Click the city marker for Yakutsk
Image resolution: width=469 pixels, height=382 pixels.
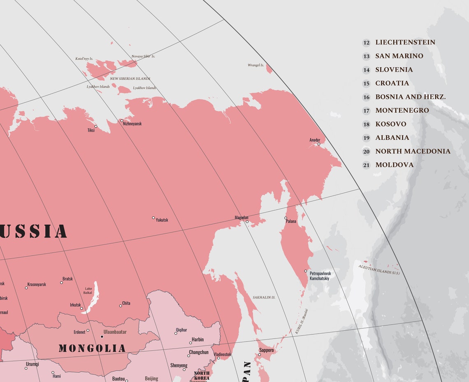(x=153, y=218)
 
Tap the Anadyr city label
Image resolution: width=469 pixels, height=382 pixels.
(x=315, y=140)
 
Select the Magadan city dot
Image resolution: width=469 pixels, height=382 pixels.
(x=247, y=222)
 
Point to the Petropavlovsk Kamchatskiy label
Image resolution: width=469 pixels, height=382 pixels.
(x=320, y=276)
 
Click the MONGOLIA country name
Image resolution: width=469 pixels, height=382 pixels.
(x=92, y=349)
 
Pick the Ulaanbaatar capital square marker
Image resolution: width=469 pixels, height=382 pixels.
(x=102, y=337)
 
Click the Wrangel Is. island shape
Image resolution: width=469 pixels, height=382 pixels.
(x=269, y=69)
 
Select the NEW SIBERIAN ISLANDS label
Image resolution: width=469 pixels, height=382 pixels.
(x=130, y=79)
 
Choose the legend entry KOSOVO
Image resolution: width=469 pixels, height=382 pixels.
(x=390, y=124)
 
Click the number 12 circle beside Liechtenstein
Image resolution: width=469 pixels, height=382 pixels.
(x=366, y=42)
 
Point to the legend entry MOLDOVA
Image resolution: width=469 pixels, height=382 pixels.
(x=394, y=165)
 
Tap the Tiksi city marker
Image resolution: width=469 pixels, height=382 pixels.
(x=96, y=126)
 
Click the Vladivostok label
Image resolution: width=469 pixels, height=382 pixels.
(x=222, y=354)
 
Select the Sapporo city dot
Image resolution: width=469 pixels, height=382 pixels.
(x=259, y=355)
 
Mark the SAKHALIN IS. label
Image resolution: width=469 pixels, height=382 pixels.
(x=264, y=297)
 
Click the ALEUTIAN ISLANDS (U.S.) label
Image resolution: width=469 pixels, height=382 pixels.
(x=379, y=270)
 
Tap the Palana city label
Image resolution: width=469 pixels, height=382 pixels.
(x=291, y=221)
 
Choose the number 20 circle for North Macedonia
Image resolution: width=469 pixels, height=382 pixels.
(x=366, y=151)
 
